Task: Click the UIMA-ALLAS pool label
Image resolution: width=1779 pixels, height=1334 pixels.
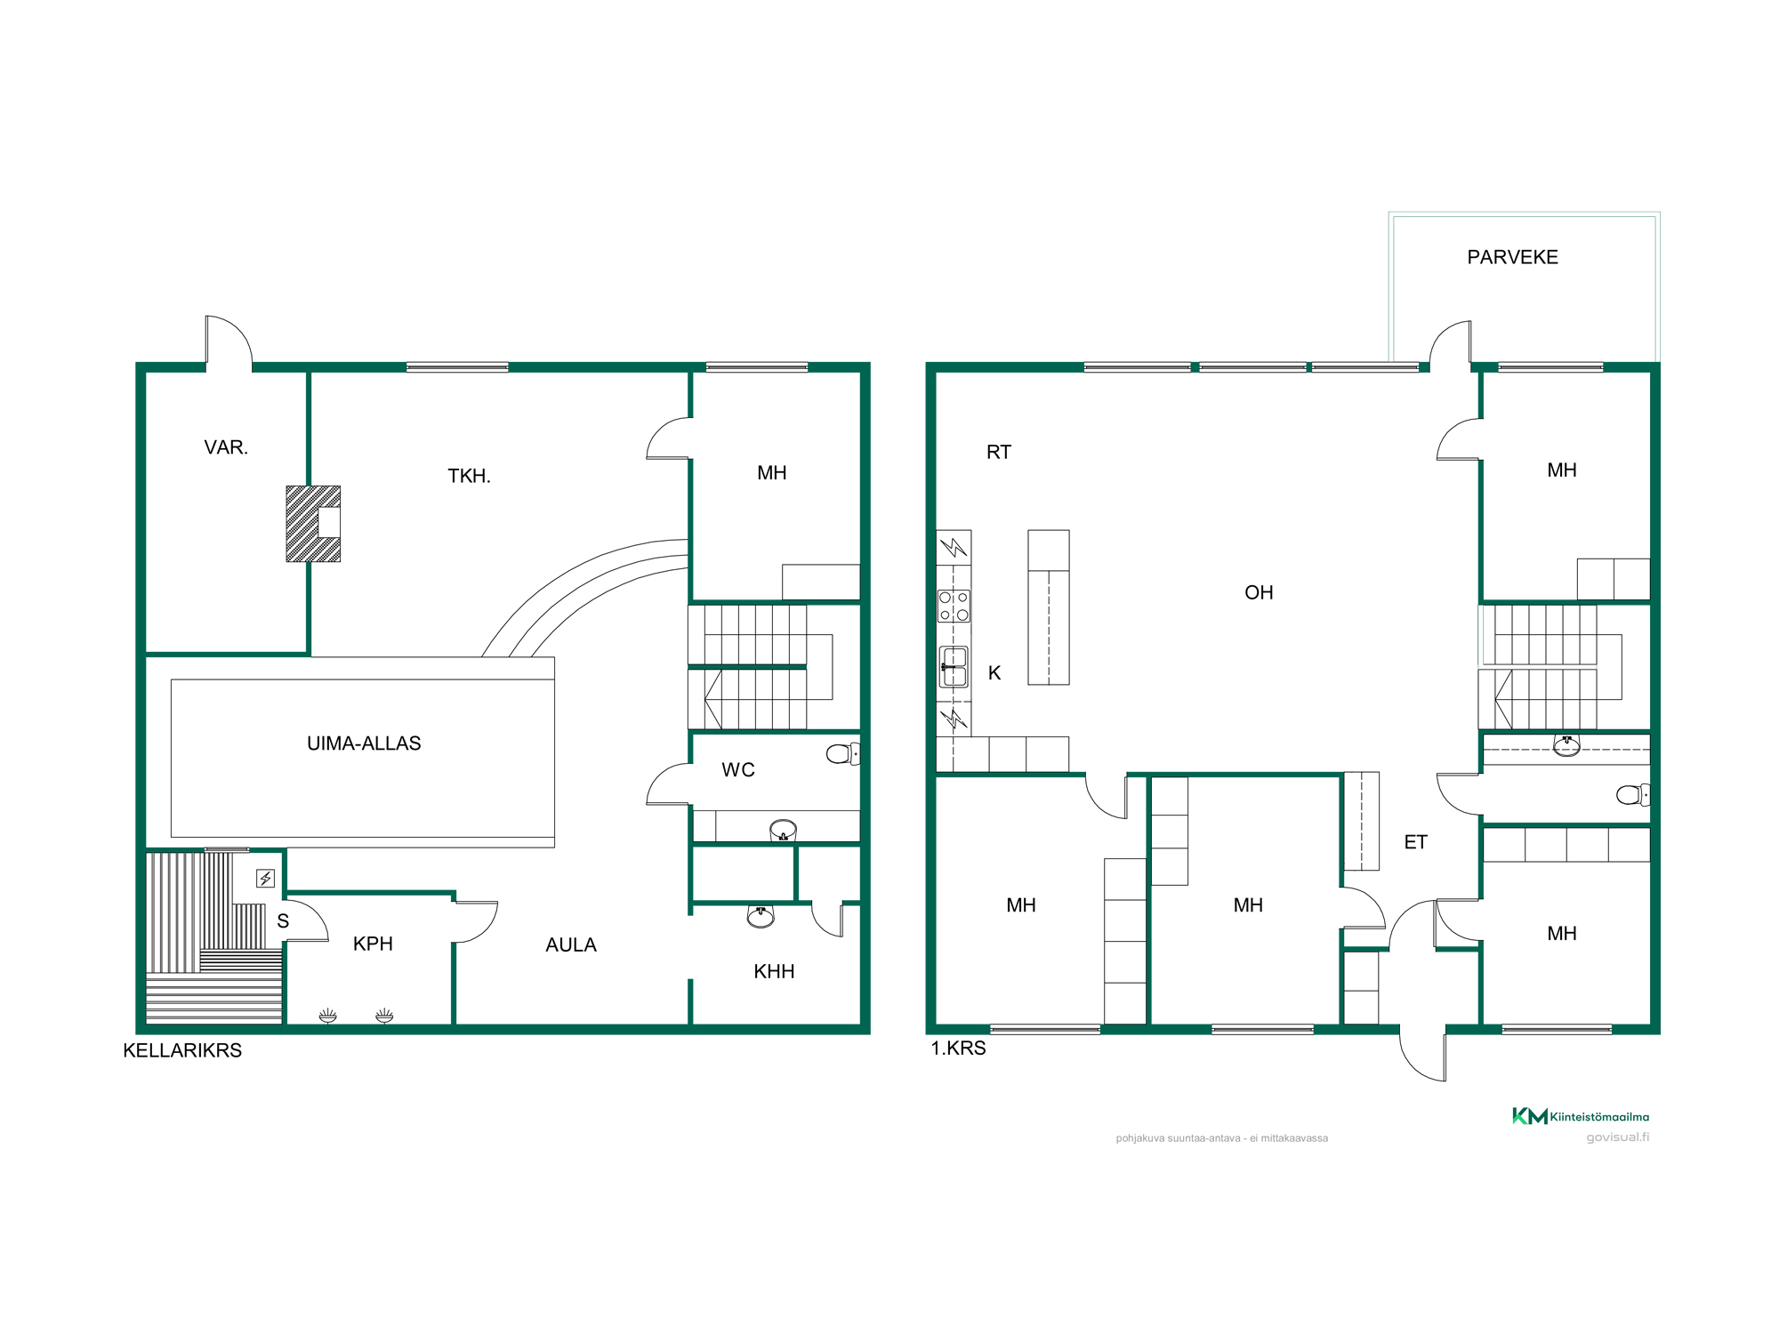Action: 364,743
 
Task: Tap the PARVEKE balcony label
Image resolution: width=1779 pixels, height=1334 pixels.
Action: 1512,257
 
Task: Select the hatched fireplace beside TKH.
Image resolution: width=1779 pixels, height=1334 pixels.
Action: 313,524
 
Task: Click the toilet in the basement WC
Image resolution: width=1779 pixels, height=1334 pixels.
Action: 842,754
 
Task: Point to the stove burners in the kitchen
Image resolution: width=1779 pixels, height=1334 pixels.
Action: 954,606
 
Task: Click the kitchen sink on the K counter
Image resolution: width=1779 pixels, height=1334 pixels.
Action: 954,667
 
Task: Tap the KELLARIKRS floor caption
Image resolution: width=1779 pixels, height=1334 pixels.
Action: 182,1050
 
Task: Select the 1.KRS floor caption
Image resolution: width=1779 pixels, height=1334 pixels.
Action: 958,1048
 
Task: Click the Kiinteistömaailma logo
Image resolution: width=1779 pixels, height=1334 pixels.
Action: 1581,1116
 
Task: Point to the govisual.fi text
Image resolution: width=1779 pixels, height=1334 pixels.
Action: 1617,1137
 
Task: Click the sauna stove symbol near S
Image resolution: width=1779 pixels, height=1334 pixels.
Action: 265,879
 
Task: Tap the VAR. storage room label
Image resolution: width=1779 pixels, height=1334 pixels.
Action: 226,447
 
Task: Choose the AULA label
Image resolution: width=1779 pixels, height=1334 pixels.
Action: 571,945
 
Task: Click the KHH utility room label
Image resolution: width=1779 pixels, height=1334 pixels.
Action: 774,972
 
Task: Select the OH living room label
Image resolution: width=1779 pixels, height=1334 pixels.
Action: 1259,592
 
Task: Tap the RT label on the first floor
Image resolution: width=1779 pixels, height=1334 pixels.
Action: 999,452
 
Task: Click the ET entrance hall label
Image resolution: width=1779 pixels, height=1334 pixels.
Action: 1415,842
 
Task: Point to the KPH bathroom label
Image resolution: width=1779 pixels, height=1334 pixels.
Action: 373,944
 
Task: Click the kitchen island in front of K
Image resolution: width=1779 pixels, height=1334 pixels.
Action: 1049,607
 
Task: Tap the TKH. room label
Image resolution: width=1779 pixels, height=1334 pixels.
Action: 469,476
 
